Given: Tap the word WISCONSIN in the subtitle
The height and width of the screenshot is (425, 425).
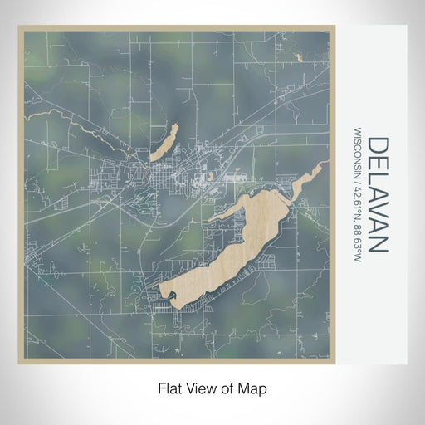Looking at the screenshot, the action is [x=358, y=154].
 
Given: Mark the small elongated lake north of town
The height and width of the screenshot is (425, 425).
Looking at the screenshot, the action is [x=164, y=142].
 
